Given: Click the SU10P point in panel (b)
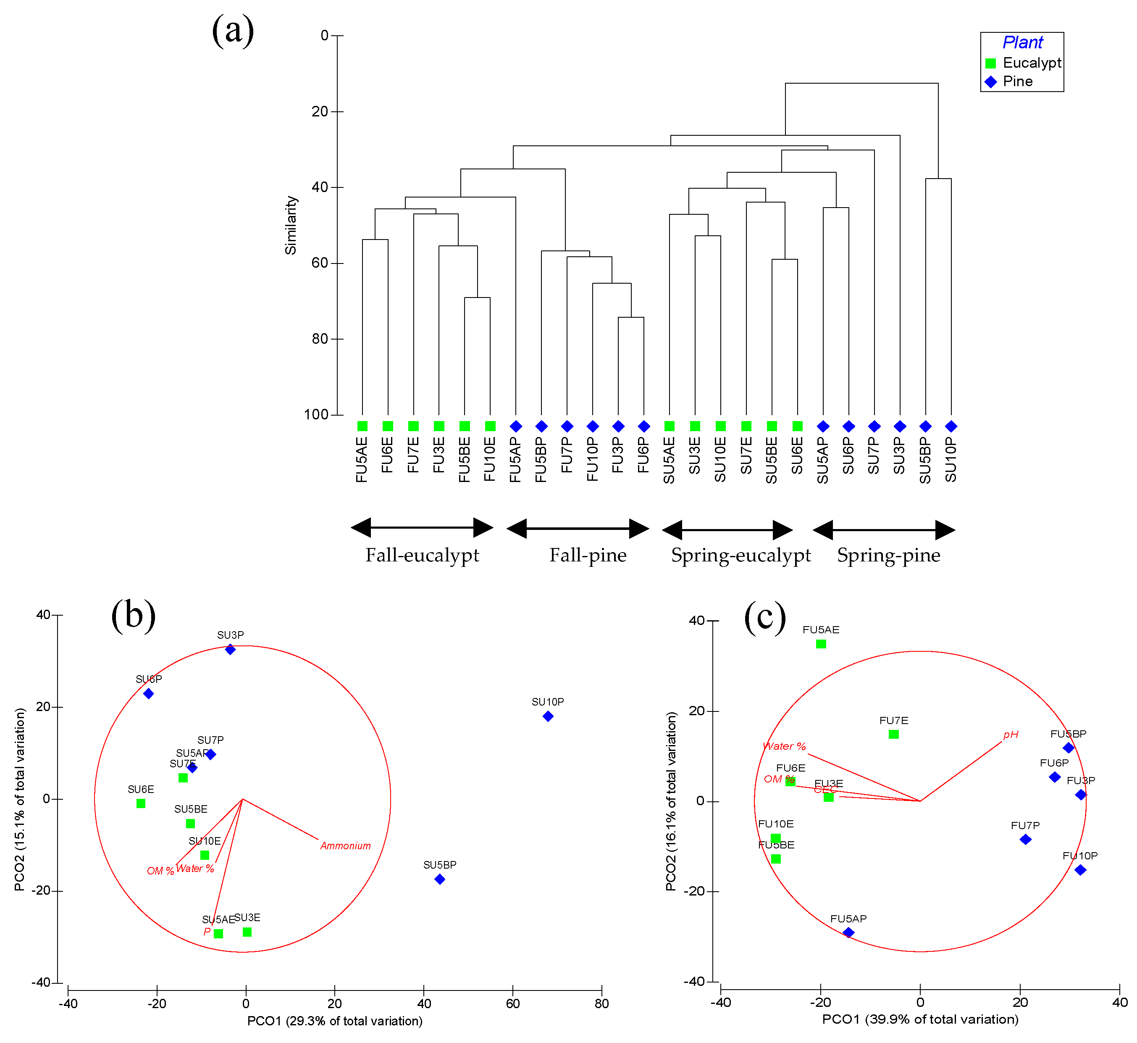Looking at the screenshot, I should tap(548, 716).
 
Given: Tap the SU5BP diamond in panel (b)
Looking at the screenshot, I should tap(440, 879).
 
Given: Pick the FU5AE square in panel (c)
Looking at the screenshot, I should tap(821, 644).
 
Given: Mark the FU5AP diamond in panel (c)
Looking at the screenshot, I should tap(848, 932).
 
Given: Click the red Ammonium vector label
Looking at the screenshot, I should tap(345, 845).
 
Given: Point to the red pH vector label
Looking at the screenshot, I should tap(1011, 734).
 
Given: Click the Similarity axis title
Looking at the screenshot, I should tap(291, 225).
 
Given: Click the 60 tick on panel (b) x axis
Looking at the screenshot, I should tap(513, 1003).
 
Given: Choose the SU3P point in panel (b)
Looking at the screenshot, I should tap(230, 650).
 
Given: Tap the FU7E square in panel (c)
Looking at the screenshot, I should tap(893, 734).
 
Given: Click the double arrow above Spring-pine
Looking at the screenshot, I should tap(884, 530).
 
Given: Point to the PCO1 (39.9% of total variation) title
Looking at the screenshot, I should tap(920, 1019).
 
